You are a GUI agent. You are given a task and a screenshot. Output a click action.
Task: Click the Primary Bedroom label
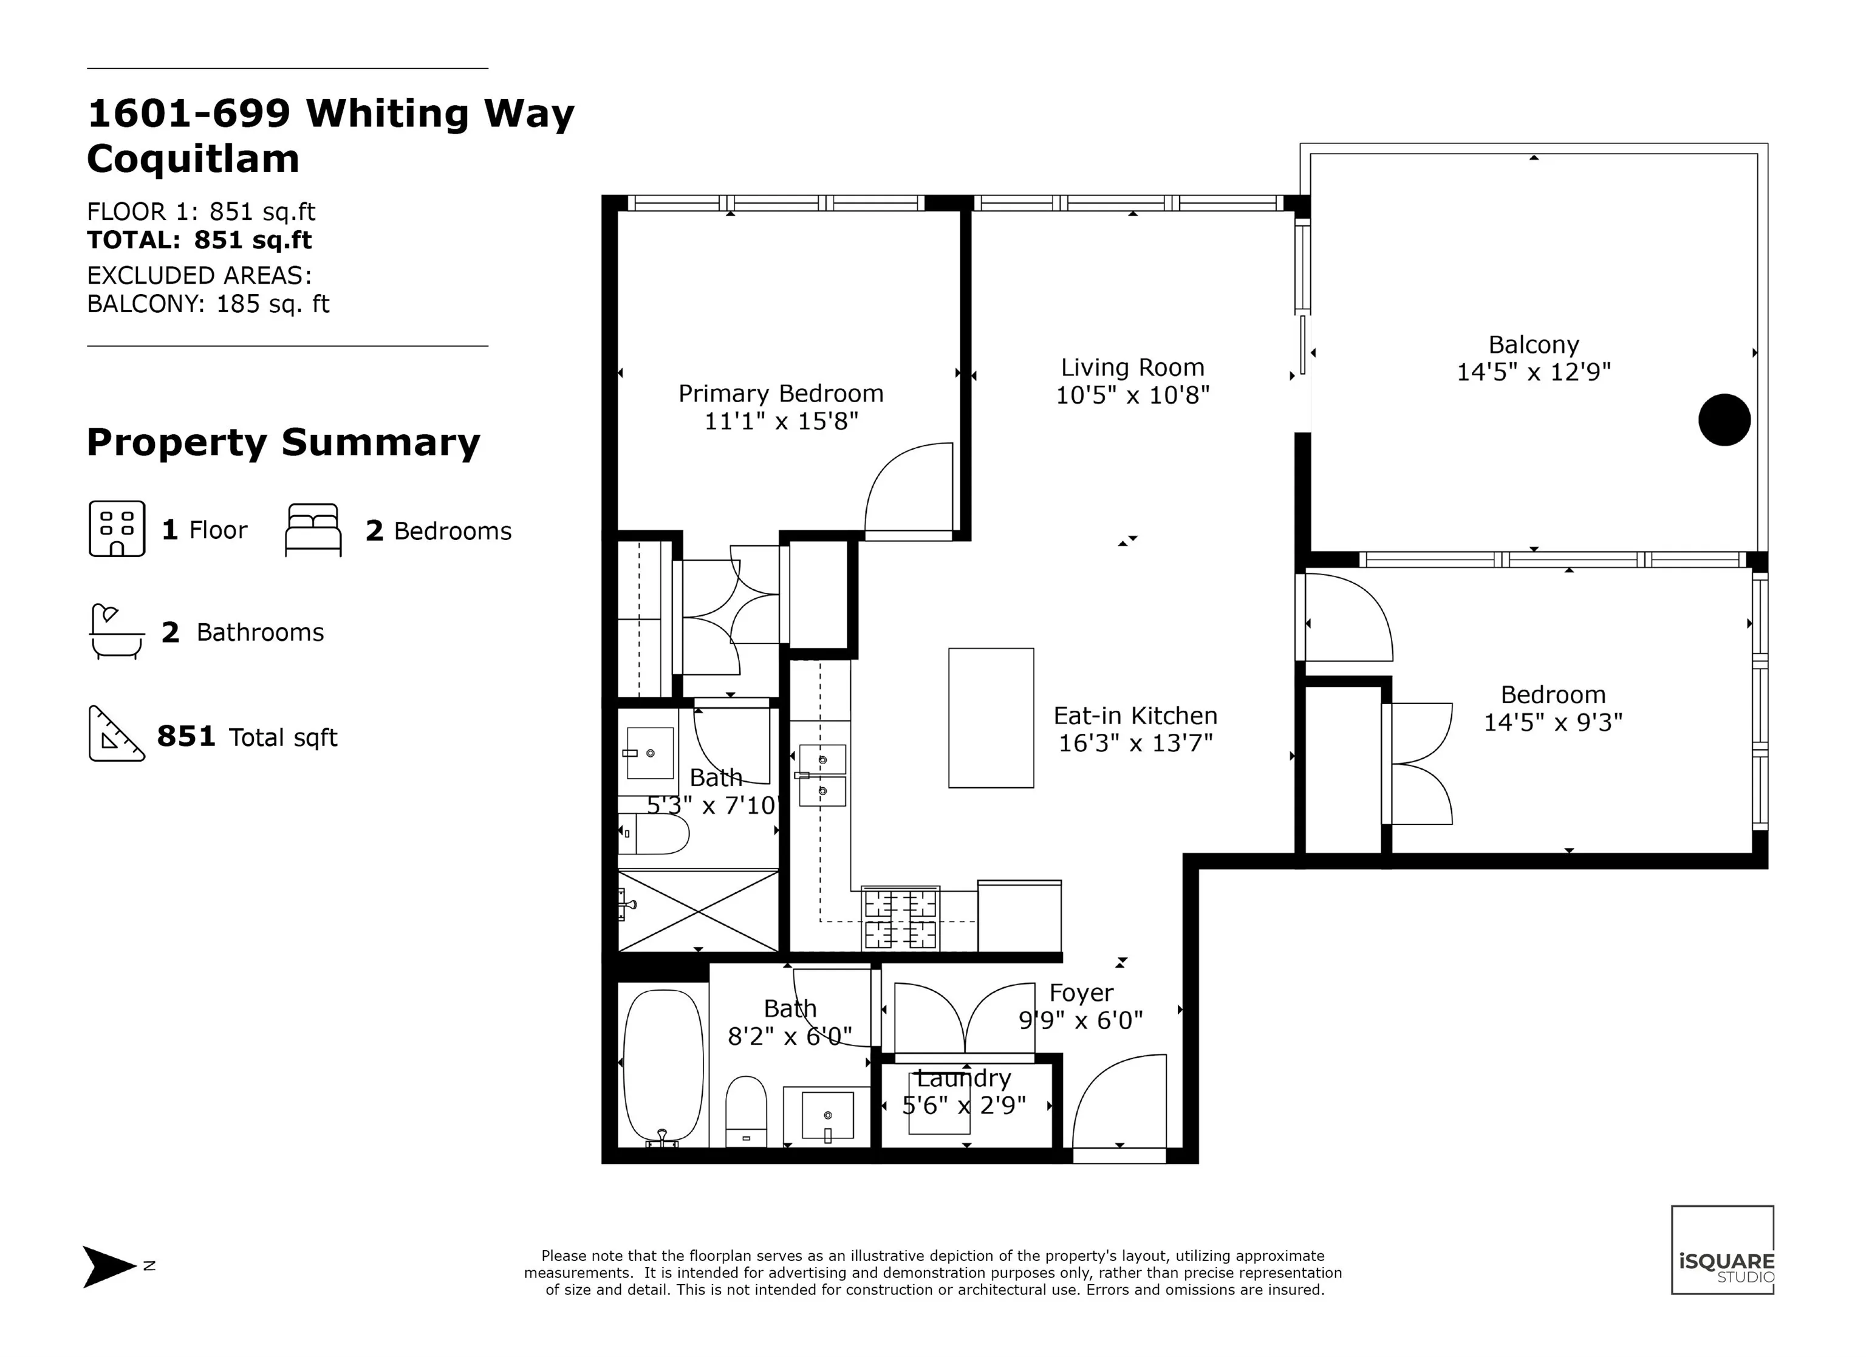coord(781,394)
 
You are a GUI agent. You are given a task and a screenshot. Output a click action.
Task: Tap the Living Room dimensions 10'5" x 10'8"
coord(1132,396)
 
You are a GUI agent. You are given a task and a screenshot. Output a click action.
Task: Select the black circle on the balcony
coord(1724,420)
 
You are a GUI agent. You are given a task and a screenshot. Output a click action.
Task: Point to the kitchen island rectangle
coord(991,717)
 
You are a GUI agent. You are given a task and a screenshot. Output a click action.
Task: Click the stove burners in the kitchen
coord(900,918)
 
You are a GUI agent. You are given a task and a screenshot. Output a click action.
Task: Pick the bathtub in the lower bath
coord(663,1067)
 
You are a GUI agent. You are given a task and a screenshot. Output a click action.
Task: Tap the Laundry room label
coord(963,1078)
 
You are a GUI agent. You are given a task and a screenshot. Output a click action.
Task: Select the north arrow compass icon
coord(109,1266)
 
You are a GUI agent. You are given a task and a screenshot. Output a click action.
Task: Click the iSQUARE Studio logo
coord(1722,1250)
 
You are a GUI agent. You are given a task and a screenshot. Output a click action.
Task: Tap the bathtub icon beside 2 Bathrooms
coord(116,632)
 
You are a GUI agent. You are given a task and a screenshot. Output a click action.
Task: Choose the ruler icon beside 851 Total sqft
coord(116,733)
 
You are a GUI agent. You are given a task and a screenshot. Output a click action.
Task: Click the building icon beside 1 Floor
coord(117,528)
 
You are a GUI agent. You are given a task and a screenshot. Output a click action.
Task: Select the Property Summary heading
coord(283,443)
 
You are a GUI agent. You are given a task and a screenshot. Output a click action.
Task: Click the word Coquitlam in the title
coord(193,158)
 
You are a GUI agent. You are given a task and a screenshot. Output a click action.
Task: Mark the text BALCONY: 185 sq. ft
coord(208,304)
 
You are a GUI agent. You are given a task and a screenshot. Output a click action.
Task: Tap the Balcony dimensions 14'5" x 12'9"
coord(1534,373)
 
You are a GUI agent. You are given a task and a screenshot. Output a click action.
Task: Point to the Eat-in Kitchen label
coord(1135,716)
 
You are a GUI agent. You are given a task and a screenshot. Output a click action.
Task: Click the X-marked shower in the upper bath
coord(698,911)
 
